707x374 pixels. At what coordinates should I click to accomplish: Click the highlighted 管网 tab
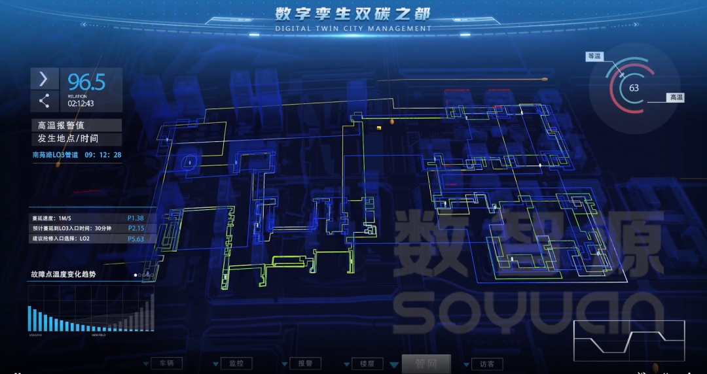426,364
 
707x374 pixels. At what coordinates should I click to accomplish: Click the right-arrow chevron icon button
44,79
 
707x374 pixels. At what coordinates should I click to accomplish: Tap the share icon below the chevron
44,101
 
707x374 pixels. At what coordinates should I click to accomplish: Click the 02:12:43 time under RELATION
81,103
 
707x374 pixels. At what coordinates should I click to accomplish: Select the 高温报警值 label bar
76,125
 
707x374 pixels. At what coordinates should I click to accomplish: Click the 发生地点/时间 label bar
76,139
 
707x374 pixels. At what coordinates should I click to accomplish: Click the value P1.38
136,218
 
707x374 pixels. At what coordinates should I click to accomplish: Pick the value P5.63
136,239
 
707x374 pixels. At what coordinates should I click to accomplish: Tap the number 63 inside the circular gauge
634,88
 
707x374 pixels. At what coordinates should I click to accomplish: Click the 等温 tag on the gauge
594,57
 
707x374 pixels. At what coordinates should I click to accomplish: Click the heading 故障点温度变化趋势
63,275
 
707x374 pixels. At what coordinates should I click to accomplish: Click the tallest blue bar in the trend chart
29,318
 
